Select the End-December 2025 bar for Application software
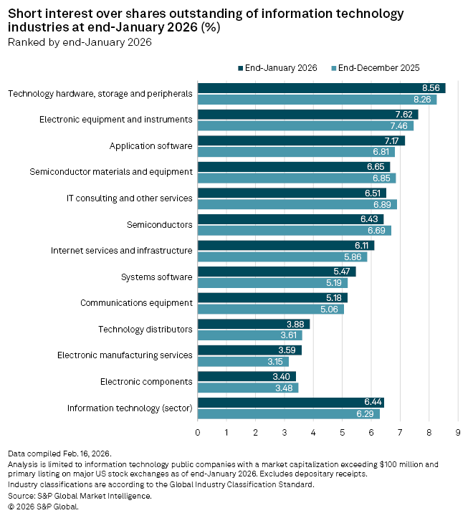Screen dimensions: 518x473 coord(296,152)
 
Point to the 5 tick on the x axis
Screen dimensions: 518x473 coord(343,432)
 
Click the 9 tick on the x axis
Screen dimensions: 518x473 coord(457,432)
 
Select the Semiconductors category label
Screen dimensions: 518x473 coord(160,224)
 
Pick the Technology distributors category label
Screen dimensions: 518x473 coord(145,329)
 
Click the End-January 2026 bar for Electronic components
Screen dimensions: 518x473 coord(247,376)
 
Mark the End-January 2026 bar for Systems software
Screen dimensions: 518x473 coord(277,272)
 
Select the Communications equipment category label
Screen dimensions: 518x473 coord(136,303)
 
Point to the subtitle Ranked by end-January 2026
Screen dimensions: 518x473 coord(80,42)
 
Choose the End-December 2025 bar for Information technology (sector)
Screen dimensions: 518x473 coord(288,413)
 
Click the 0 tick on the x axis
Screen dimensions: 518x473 coord(198,432)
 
